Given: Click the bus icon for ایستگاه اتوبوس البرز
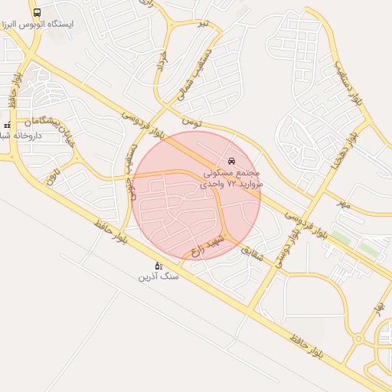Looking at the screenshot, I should point(38,13).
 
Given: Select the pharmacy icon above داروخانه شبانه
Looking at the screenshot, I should point(8,124).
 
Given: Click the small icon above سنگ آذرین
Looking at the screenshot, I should point(158,265).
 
